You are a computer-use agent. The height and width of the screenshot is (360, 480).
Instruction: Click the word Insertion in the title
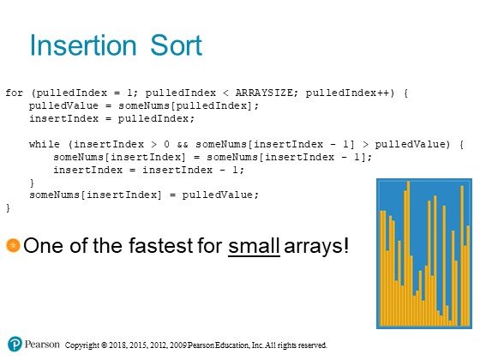click(83, 45)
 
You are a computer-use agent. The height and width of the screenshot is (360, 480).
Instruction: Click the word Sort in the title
click(176, 45)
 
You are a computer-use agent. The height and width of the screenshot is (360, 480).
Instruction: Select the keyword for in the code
click(14, 93)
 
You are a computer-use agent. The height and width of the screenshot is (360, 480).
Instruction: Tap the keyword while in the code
click(45, 144)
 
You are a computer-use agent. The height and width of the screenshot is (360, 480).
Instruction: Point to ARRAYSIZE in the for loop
click(264, 93)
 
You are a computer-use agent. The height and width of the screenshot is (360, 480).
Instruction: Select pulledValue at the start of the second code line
click(63, 105)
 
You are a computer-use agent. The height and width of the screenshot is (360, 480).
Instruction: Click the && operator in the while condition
click(183, 144)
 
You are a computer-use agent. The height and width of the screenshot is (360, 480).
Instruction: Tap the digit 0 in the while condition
click(166, 144)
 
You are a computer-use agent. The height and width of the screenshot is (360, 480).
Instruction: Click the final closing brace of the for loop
click(8, 208)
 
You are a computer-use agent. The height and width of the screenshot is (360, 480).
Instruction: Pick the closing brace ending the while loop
click(32, 183)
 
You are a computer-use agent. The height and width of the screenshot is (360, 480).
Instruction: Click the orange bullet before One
click(13, 245)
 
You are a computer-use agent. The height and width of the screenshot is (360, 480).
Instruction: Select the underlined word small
click(254, 246)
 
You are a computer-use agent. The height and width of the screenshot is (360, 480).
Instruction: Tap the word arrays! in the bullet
click(316, 247)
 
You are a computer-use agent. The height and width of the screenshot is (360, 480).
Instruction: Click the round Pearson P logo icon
click(15, 344)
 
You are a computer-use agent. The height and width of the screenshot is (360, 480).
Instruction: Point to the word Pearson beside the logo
click(42, 344)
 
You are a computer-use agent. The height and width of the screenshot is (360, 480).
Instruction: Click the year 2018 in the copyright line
click(117, 345)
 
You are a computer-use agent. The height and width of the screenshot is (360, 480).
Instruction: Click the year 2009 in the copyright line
click(178, 345)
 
